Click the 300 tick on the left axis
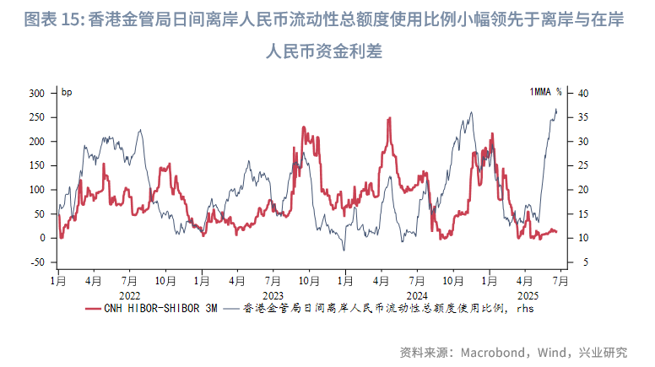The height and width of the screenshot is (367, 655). coord(36,93)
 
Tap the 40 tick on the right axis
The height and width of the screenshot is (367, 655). coord(582,93)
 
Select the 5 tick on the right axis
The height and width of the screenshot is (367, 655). coord(580,262)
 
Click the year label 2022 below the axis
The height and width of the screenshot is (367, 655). coord(129,296)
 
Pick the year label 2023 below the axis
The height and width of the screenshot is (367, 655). coord(273,296)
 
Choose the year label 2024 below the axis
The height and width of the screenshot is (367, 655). coord(417,296)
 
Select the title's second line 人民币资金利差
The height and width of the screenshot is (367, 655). coord(327,52)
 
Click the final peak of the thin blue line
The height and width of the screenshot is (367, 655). coord(556,109)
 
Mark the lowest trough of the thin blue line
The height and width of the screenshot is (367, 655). coord(344,251)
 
